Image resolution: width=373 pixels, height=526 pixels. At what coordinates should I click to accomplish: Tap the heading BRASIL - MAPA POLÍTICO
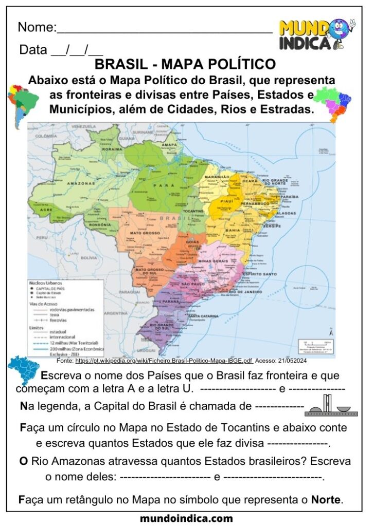(186, 65)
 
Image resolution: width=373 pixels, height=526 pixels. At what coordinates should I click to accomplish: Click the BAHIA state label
(233, 230)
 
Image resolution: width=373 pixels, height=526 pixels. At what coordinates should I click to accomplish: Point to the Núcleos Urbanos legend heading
(46, 283)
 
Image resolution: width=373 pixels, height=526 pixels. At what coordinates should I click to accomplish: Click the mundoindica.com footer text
(186, 518)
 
